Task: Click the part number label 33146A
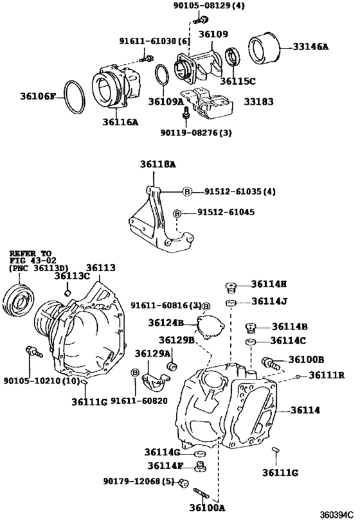click(310, 47)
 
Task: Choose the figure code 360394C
click(337, 514)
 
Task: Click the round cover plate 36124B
click(210, 326)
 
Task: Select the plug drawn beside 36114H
click(231, 287)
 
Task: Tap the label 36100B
click(306, 359)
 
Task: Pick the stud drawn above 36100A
click(201, 493)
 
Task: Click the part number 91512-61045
click(226, 212)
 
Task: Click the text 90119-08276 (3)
click(196, 132)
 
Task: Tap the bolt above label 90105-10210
click(34, 351)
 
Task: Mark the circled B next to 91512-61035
click(187, 191)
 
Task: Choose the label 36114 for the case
click(305, 410)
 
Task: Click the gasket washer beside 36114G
click(200, 453)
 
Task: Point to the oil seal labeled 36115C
click(232, 57)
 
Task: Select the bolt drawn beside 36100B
click(271, 362)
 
